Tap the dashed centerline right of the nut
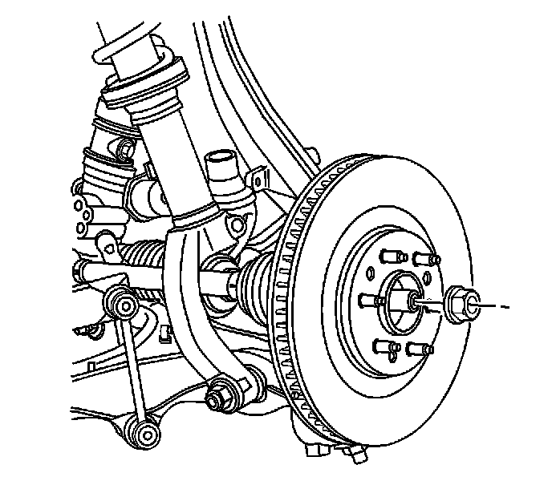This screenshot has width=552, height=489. [x=499, y=306]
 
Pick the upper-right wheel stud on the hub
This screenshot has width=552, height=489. [x=425, y=258]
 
